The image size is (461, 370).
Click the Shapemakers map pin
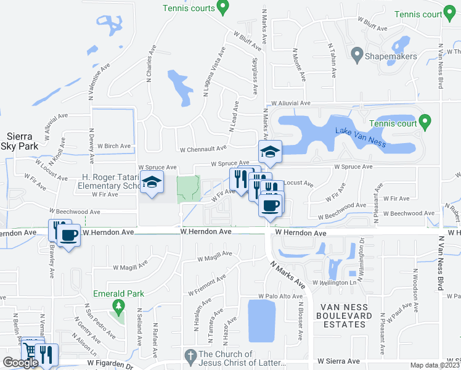point(356,55)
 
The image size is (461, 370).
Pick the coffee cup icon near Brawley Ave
point(68,236)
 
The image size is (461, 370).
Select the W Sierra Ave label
point(338,361)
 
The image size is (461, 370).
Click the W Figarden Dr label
point(111,365)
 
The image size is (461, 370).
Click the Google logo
point(20,363)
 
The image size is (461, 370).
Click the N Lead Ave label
point(232,120)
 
